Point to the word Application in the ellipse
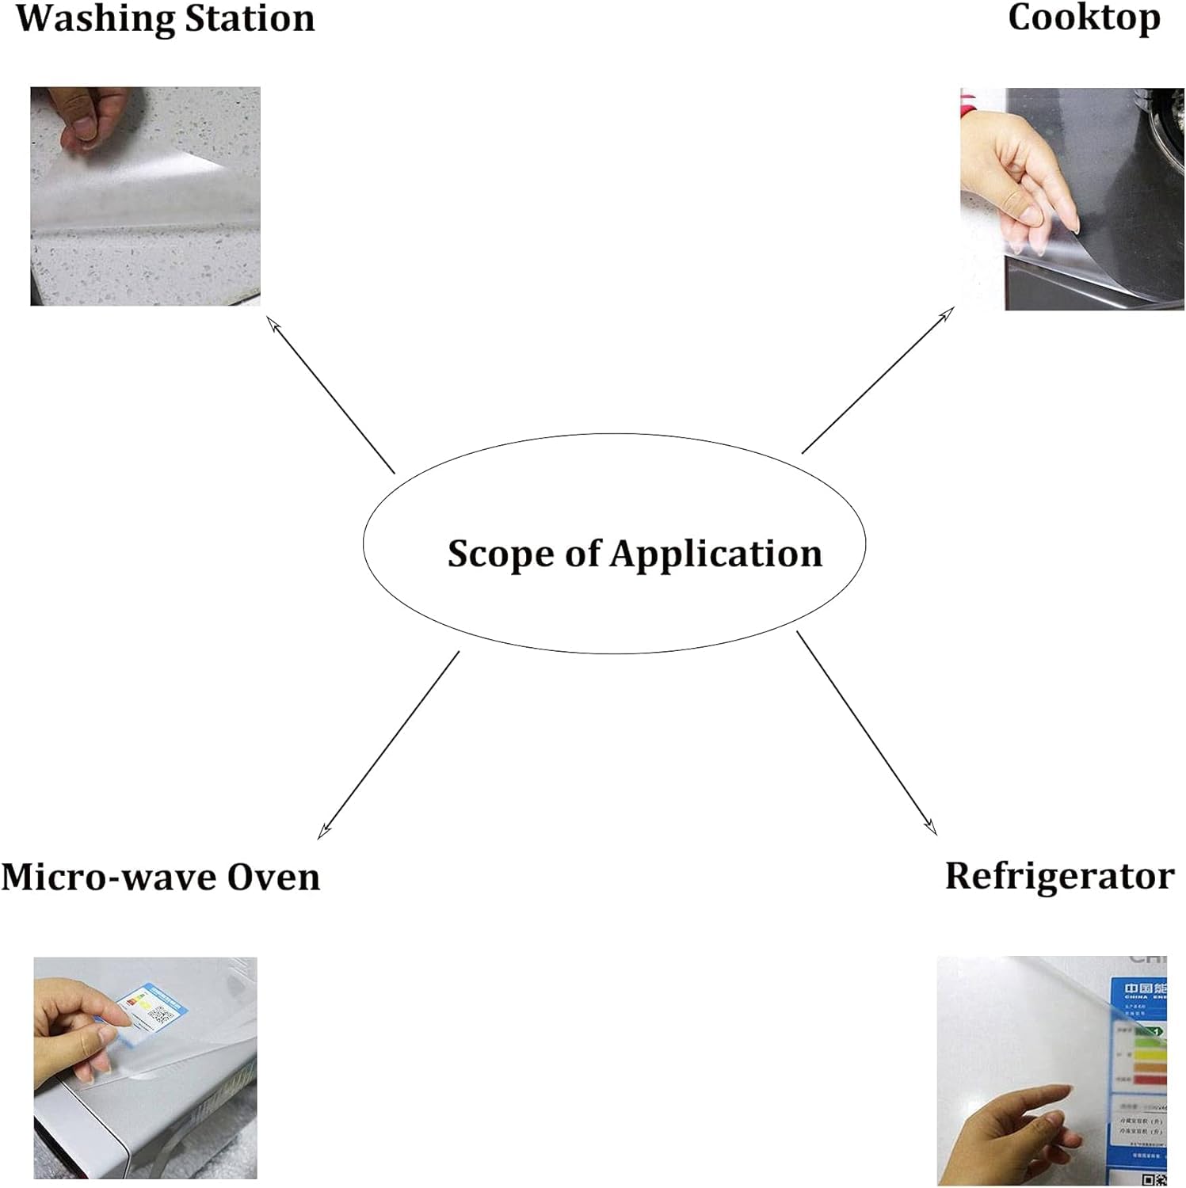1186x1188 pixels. point(716,554)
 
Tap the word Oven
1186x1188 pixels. point(273,877)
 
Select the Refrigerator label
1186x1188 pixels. point(1059,876)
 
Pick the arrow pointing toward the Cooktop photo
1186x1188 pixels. point(878,380)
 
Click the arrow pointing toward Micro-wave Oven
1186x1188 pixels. point(388,745)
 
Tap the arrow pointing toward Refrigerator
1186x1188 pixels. point(867,733)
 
